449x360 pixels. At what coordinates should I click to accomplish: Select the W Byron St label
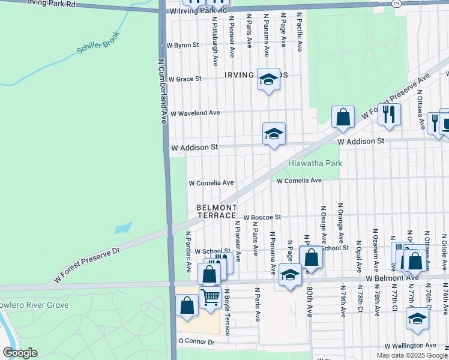pyautogui.click(x=182, y=45)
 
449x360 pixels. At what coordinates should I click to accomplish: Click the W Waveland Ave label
pyautogui.click(x=195, y=113)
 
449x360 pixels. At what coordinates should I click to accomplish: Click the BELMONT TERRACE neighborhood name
pyautogui.click(x=216, y=211)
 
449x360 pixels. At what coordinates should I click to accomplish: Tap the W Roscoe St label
pyautogui.click(x=262, y=217)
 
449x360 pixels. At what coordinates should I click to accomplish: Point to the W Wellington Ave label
pyautogui.click(x=411, y=346)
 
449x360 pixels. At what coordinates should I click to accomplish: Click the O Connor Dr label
pyautogui.click(x=196, y=341)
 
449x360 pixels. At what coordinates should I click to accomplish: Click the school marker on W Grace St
pyautogui.click(x=268, y=79)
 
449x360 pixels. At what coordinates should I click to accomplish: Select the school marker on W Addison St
pyautogui.click(x=274, y=134)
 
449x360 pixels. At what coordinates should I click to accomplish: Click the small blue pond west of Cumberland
pyautogui.click(x=122, y=228)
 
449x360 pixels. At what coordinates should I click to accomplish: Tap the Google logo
pyautogui.click(x=20, y=353)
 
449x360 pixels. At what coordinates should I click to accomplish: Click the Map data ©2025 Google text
pyautogui.click(x=412, y=355)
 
